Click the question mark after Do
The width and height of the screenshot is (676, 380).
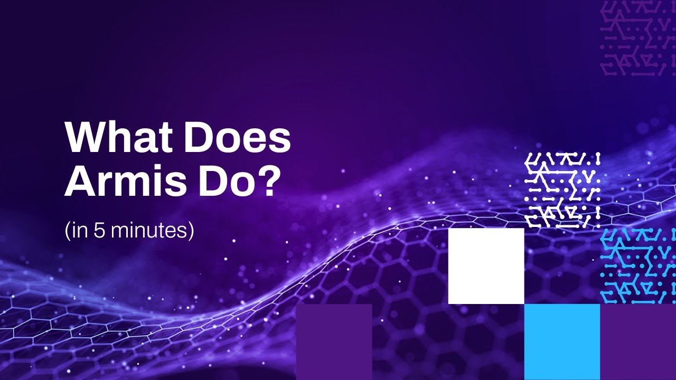pyautogui.click(x=268, y=182)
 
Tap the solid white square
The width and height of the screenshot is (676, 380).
pyautogui.click(x=486, y=266)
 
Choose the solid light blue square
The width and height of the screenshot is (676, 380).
pyautogui.click(x=562, y=341)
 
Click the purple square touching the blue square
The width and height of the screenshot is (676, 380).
pyautogui.click(x=638, y=341)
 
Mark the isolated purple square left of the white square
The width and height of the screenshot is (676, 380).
pyautogui.click(x=334, y=341)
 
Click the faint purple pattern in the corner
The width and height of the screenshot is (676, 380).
pyautogui.click(x=638, y=38)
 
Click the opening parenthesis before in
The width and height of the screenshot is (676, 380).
pyautogui.click(x=68, y=231)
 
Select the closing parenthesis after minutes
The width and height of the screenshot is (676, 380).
pyautogui.click(x=191, y=231)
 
